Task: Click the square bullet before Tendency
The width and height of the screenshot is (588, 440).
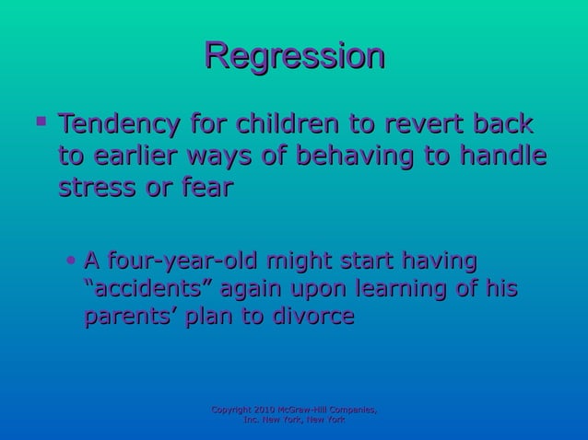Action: (37, 122)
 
